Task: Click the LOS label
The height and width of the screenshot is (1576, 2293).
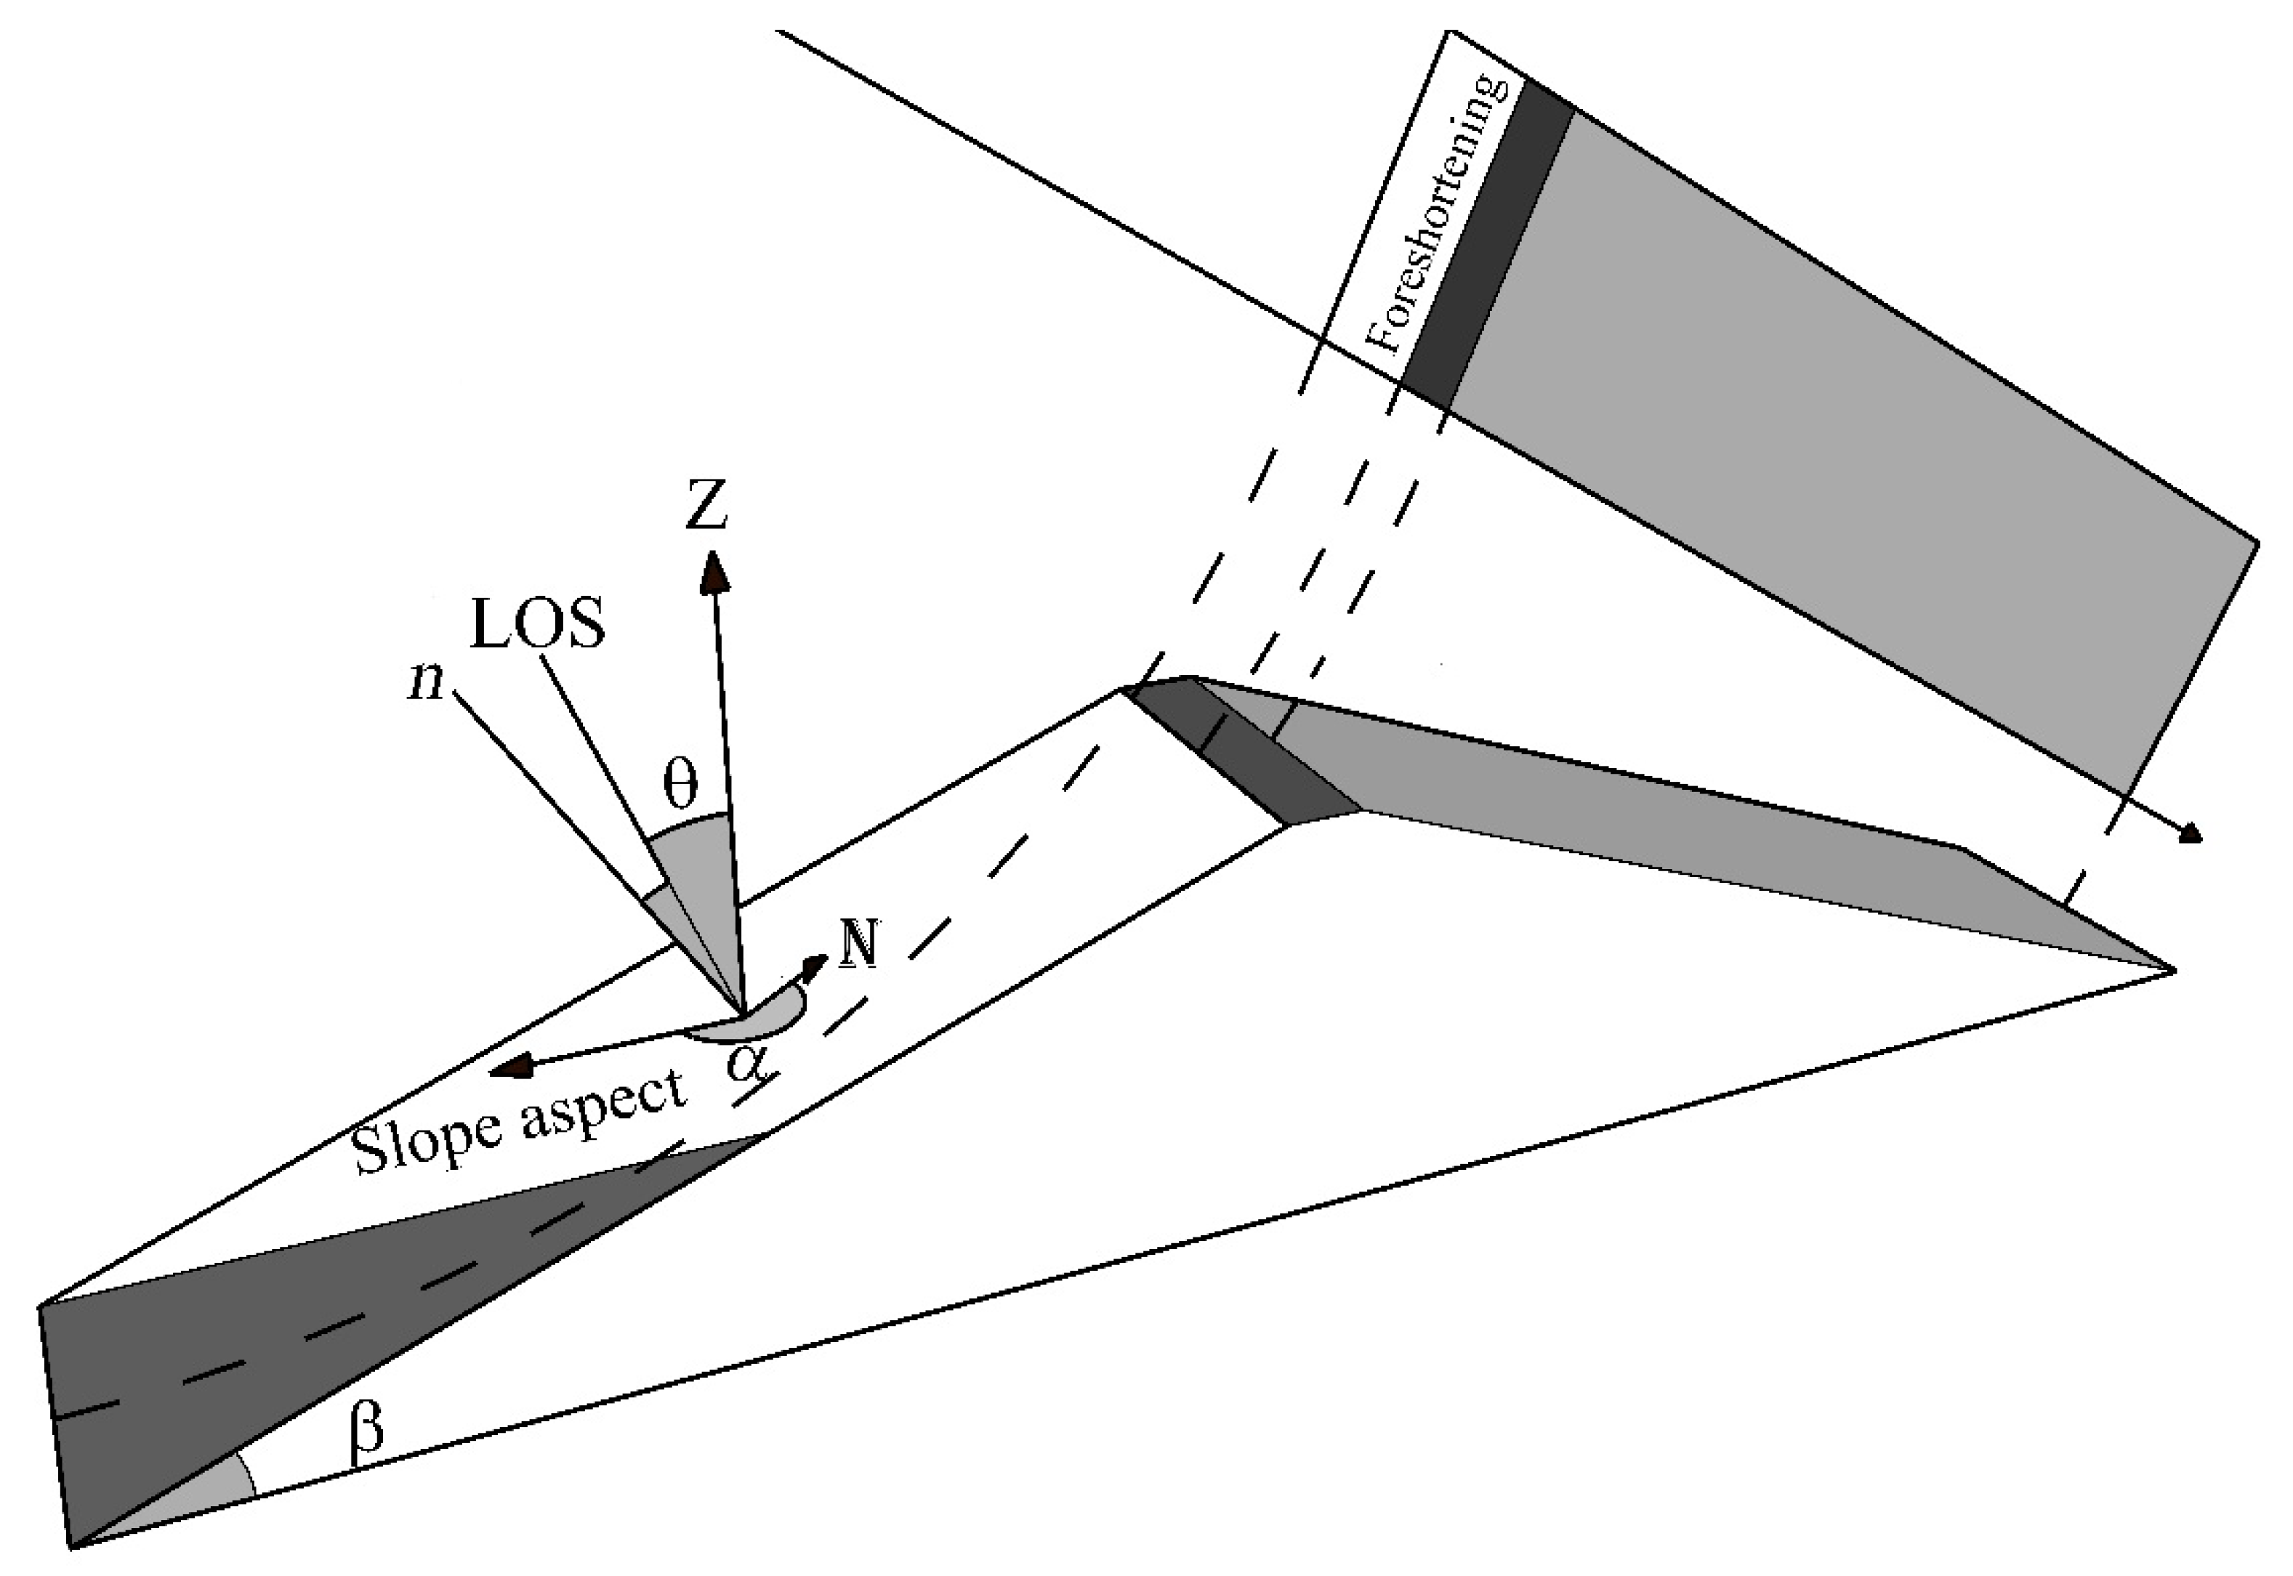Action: click(537, 626)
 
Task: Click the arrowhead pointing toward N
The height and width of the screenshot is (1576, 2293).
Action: click(814, 966)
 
